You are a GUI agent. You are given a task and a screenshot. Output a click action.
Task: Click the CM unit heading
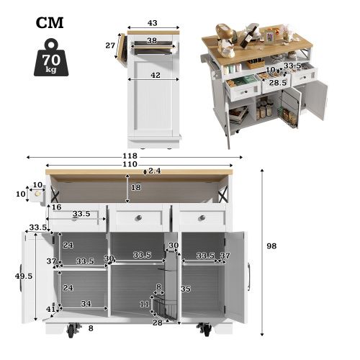click(x=50, y=22)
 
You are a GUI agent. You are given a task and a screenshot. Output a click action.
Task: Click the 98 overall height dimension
click(x=271, y=246)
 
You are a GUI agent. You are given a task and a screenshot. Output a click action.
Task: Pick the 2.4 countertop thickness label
click(x=154, y=171)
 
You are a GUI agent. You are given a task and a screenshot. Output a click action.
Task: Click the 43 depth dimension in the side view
click(x=153, y=24)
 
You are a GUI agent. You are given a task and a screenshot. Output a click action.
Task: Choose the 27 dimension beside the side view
click(x=111, y=45)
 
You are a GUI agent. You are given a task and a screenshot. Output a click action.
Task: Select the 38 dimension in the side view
click(x=152, y=41)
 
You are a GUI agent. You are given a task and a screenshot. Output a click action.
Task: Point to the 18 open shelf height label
click(x=135, y=187)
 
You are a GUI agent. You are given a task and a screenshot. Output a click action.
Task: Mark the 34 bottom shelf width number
click(x=86, y=305)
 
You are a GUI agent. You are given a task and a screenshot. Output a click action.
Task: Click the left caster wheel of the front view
click(x=73, y=331)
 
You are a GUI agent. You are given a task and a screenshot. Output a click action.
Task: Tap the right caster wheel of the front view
click(x=206, y=331)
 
